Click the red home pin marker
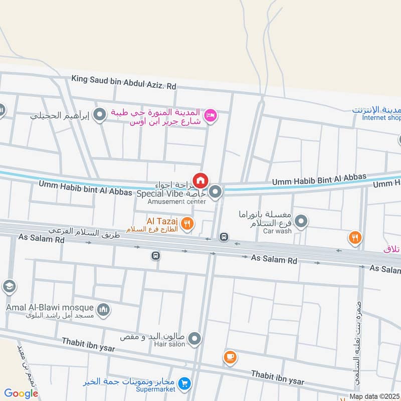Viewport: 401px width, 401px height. [200, 180]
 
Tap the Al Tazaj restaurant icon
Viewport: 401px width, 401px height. [187, 224]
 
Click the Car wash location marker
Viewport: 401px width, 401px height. [301, 221]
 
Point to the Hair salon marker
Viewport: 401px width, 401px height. [195, 339]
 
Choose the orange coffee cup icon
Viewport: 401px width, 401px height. [230, 357]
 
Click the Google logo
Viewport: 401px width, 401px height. [21, 393]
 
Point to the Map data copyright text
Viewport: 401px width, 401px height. [374, 396]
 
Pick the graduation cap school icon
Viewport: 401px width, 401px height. [9, 287]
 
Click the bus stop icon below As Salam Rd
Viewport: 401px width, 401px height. [156, 256]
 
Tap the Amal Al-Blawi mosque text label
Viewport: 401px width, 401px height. [50, 307]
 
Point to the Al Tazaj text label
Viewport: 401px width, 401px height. [160, 221]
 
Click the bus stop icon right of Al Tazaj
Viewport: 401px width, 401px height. [224, 237]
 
